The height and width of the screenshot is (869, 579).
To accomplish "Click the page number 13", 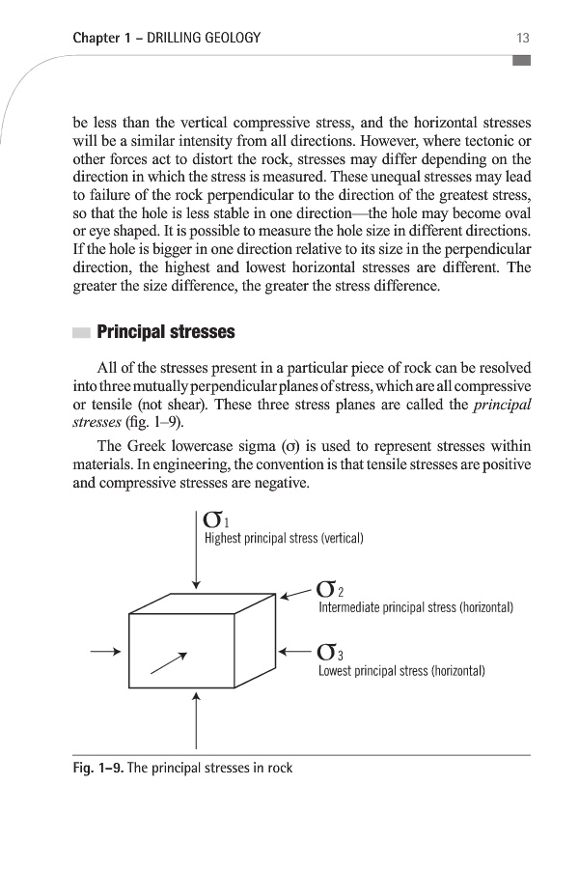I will [x=523, y=39].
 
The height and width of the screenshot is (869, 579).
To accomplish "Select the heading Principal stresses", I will [x=166, y=333].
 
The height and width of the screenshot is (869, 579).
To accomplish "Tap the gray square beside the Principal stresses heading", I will [x=81, y=333].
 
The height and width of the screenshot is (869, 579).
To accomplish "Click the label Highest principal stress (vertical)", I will [x=283, y=538].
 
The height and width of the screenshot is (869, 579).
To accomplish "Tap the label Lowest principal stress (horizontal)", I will [x=400, y=670].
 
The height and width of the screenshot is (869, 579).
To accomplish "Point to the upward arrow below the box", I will [x=196, y=719].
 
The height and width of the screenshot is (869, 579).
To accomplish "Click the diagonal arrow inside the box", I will [x=168, y=661].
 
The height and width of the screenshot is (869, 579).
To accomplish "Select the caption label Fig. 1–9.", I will [x=97, y=769].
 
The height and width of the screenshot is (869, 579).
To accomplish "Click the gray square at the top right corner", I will [x=521, y=61].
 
